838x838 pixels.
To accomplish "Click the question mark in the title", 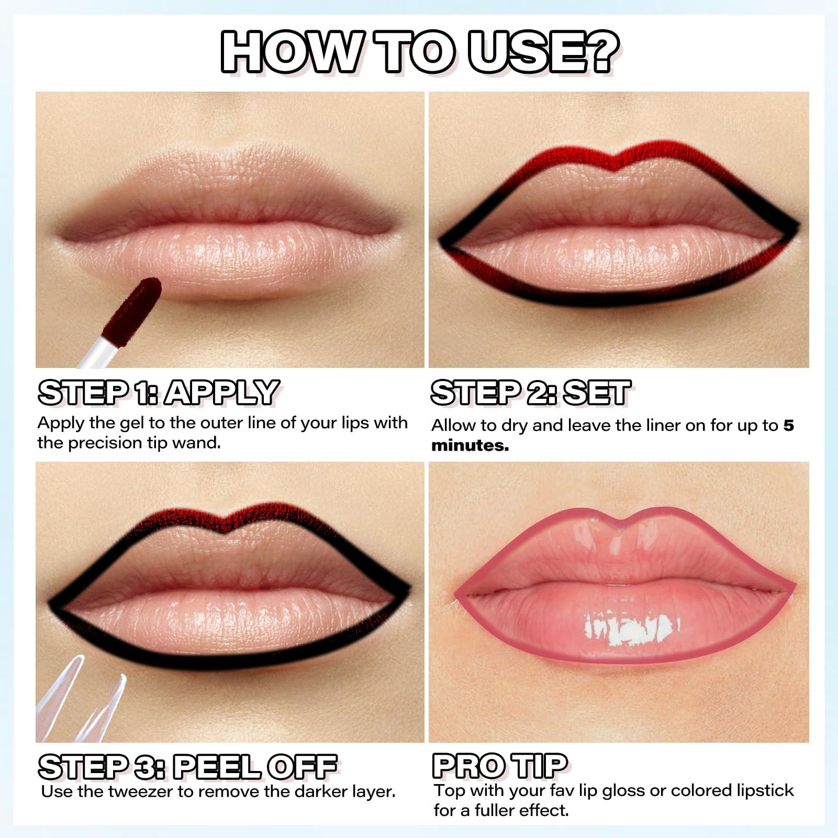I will coord(599,51).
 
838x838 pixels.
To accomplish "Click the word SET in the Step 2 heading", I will coord(597,393).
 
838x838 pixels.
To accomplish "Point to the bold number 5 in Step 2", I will coord(788,426).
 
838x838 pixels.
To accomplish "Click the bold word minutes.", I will coord(470,446).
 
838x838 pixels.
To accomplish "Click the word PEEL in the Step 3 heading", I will coord(215,767).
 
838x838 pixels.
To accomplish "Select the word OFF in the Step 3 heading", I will coord(301,767).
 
